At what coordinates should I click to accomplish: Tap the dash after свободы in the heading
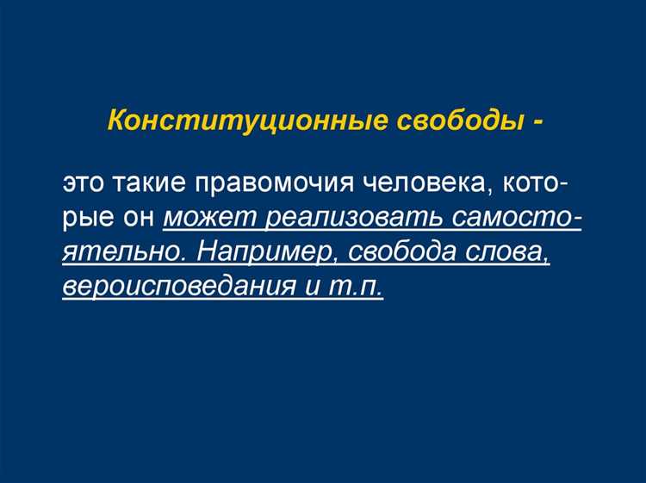click(x=537, y=120)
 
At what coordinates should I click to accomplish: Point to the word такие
click(x=154, y=185)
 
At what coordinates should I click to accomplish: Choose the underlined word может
click(x=209, y=219)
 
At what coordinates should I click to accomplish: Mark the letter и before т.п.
click(x=313, y=287)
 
